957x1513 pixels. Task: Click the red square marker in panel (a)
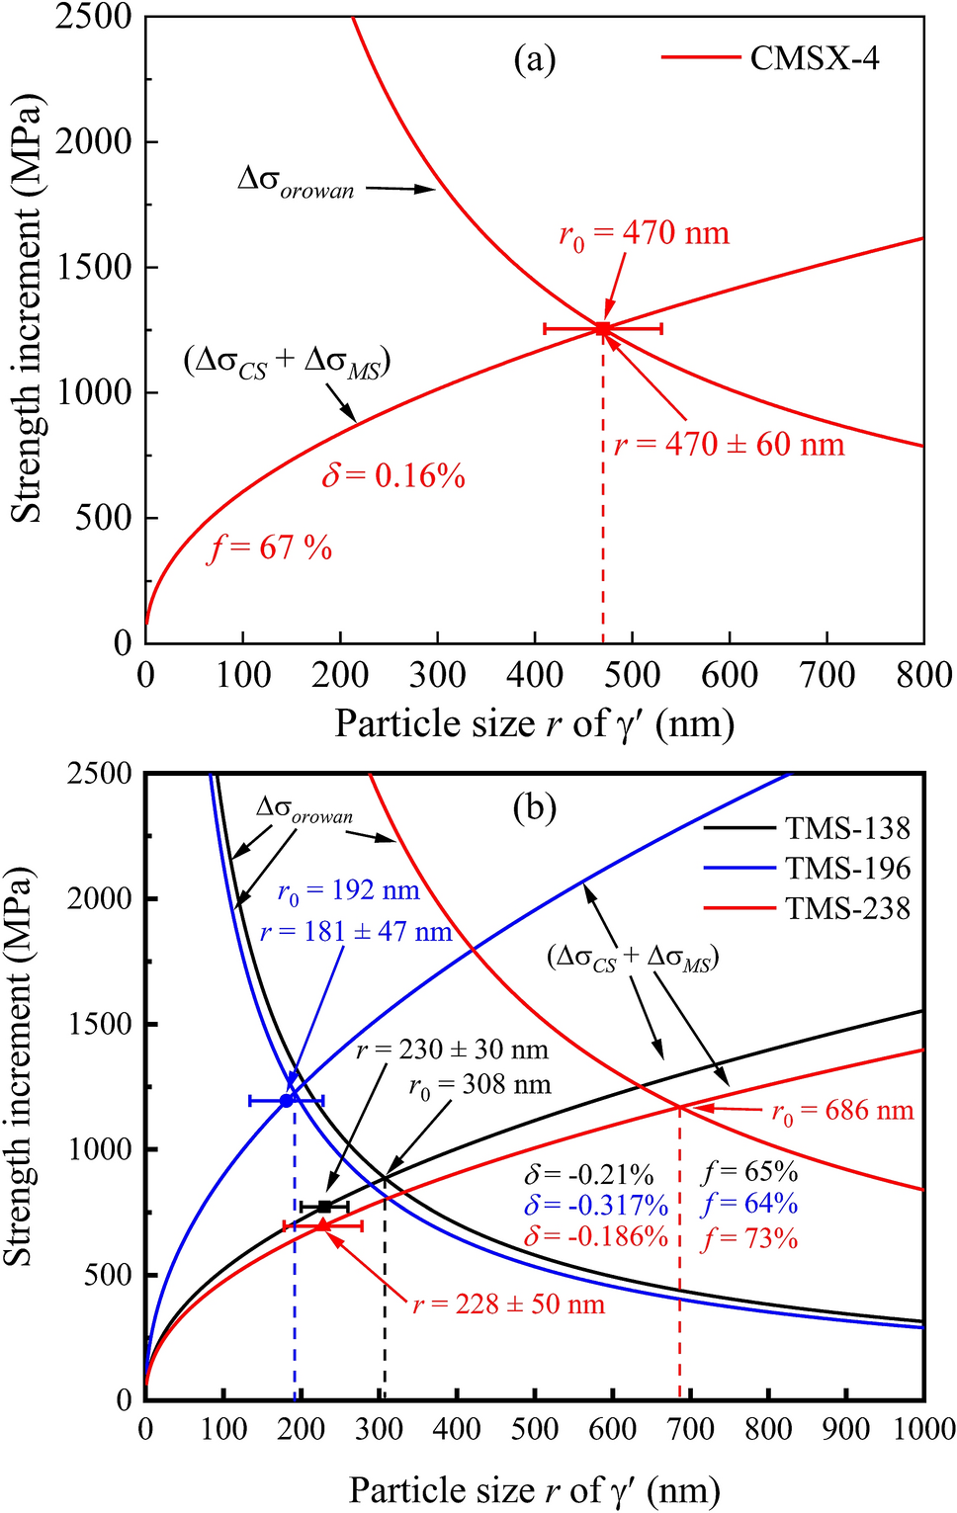pyautogui.click(x=602, y=328)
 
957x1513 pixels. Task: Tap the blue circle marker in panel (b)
pyautogui.click(x=287, y=1100)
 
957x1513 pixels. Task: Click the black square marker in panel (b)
pyautogui.click(x=324, y=1207)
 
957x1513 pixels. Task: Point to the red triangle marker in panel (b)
pyautogui.click(x=322, y=1225)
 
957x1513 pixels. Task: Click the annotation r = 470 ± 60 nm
pyautogui.click(x=730, y=445)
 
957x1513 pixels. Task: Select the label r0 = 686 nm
pyautogui.click(x=842, y=1112)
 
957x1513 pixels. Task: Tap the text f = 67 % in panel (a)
pyautogui.click(x=270, y=547)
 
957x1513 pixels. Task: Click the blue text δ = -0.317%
pyautogui.click(x=596, y=1206)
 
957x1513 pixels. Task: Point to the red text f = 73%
pyautogui.click(x=749, y=1239)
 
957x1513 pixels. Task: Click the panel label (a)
pyautogui.click(x=535, y=60)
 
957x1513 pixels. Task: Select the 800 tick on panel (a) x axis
pyautogui.click(x=923, y=675)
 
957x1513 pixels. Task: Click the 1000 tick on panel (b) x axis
pyautogui.click(x=923, y=1430)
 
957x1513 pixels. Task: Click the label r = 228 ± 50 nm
pyautogui.click(x=508, y=1304)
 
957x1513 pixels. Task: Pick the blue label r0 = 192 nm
pyautogui.click(x=348, y=892)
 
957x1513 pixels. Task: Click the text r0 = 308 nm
pyautogui.click(x=479, y=1086)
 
